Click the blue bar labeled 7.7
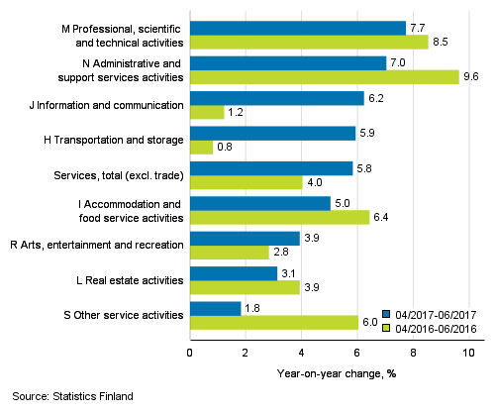pyautogui.click(x=297, y=28)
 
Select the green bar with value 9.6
pyautogui.click(x=324, y=76)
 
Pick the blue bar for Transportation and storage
pyautogui.click(x=271, y=133)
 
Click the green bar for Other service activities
pyautogui.click(x=273, y=322)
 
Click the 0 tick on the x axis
pyautogui.click(x=190, y=352)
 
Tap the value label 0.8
pyautogui.click(x=226, y=148)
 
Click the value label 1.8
pyautogui.click(x=253, y=308)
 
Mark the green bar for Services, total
pyautogui.click(x=246, y=182)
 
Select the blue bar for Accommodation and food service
pyautogui.click(x=259, y=203)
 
